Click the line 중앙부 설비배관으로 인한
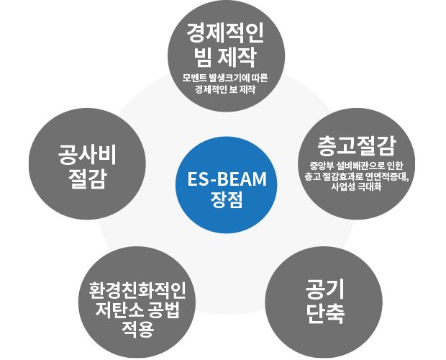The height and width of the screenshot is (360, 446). tap(357, 166)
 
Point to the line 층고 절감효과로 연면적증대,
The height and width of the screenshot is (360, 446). tap(357, 177)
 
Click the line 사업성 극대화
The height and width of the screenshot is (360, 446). tap(357, 189)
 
